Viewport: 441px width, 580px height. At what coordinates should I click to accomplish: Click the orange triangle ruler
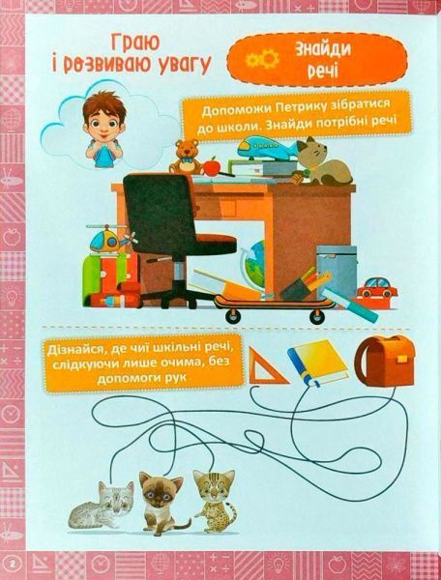[x=265, y=367]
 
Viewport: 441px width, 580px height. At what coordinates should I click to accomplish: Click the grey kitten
[x=104, y=503]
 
